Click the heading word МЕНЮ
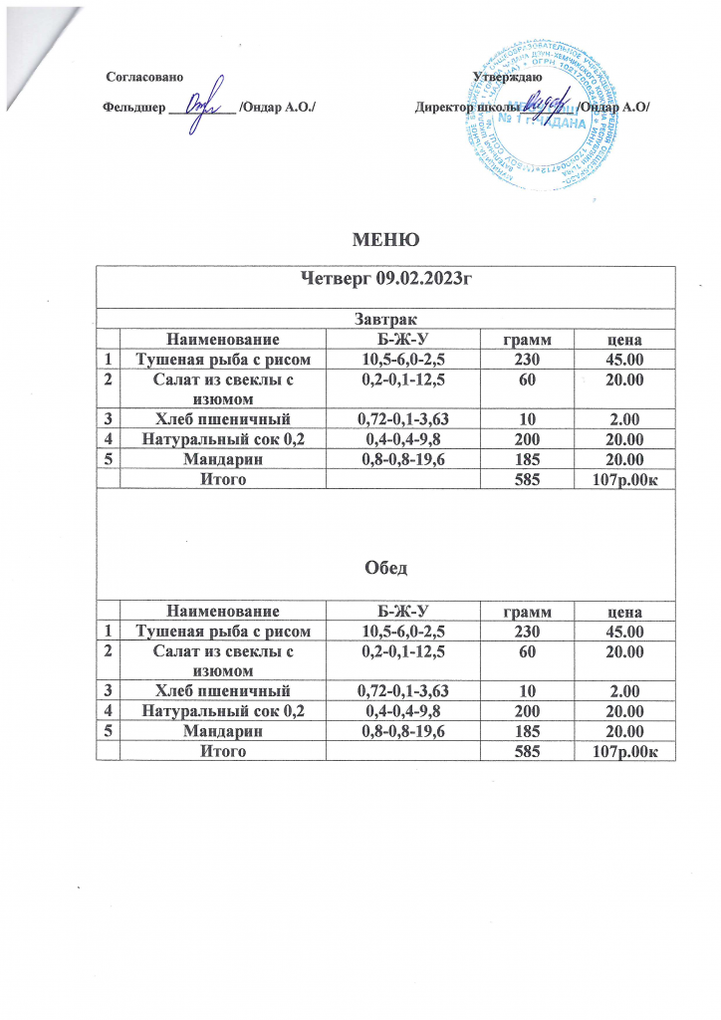pos(383,239)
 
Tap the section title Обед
pos(384,568)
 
